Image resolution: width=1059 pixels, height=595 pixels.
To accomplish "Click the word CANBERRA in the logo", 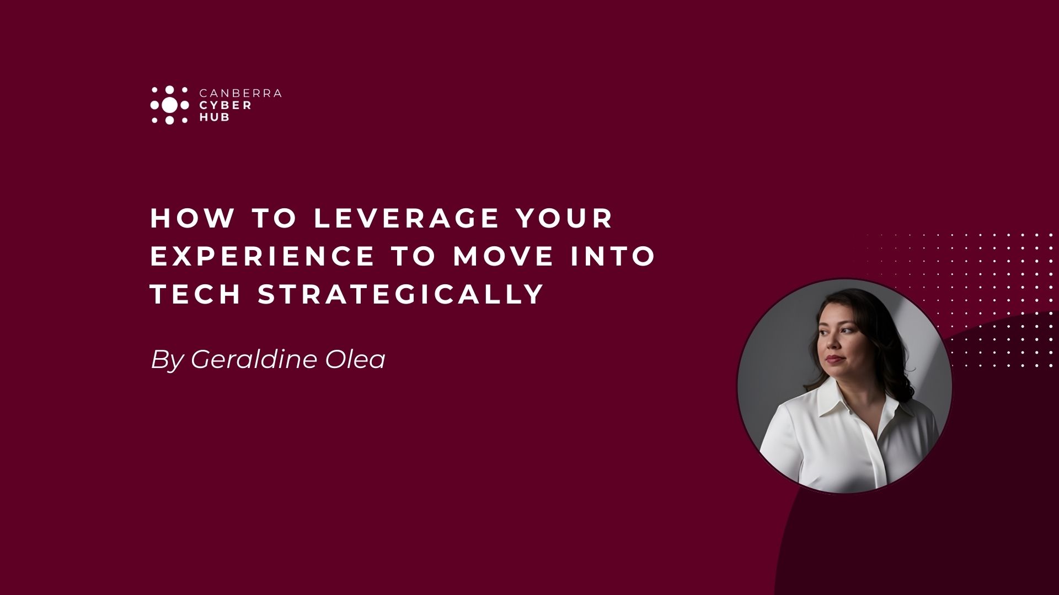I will tap(239, 93).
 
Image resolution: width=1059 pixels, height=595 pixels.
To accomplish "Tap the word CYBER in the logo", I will tap(225, 105).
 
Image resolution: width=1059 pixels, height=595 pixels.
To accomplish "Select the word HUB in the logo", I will tap(214, 117).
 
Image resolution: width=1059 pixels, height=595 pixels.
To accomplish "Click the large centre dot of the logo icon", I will tap(170, 105).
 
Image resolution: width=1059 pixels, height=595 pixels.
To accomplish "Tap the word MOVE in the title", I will tap(503, 256).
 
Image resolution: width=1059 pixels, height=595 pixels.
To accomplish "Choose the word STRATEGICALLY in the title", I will tap(402, 294).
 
